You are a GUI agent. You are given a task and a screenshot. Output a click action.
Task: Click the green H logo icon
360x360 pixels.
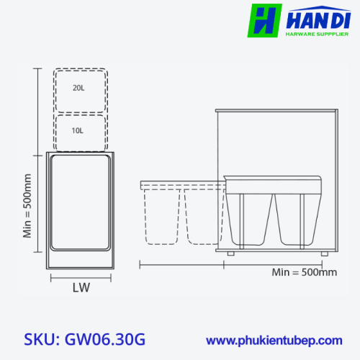264,20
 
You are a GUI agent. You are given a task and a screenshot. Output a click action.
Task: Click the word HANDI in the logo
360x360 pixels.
318,20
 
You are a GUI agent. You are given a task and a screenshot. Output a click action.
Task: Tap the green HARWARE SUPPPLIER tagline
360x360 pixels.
317,34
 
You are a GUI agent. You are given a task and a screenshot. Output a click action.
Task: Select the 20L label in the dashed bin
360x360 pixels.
78,88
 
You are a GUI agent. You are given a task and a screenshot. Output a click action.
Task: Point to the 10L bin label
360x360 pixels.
78,131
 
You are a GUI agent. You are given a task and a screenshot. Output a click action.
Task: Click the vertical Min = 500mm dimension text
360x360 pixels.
27,206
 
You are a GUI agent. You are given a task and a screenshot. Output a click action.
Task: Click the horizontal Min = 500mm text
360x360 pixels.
305,272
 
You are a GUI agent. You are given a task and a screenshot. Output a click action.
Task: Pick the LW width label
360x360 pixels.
81,287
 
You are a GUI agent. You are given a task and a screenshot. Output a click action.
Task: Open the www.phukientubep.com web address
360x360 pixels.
274,341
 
